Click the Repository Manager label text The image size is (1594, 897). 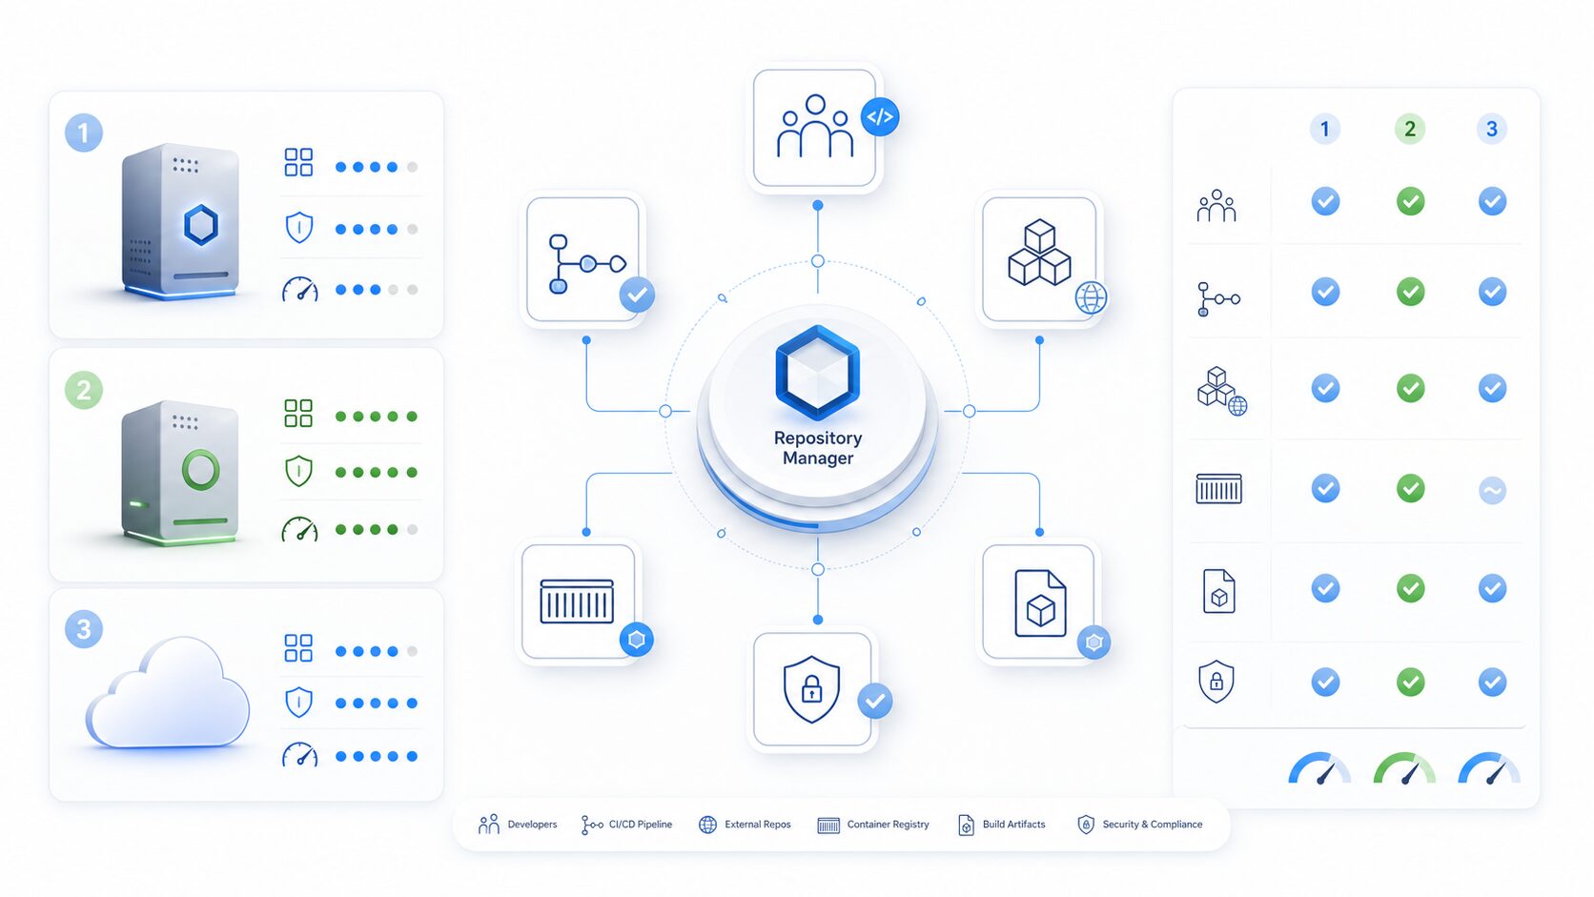tap(818, 447)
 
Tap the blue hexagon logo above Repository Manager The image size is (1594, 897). tap(818, 372)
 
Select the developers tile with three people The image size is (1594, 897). tap(814, 128)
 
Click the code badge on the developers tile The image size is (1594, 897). tap(880, 116)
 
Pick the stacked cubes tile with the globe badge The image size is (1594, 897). tap(1039, 259)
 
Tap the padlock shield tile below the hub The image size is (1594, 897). tap(812, 689)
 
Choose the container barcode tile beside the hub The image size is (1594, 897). tap(578, 601)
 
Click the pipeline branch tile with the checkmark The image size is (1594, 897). tap(582, 259)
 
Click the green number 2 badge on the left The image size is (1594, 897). tap(84, 390)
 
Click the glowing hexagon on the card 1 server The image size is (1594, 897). tap(201, 225)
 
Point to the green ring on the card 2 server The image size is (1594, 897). tap(200, 470)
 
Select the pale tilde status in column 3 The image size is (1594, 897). tap(1492, 490)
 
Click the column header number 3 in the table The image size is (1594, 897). tap(1492, 129)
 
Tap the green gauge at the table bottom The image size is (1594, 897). tap(1404, 768)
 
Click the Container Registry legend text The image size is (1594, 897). tap(888, 825)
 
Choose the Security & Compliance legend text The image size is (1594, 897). tap(1152, 825)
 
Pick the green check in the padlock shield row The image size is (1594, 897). tap(1410, 682)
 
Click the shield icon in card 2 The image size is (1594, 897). tap(299, 471)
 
